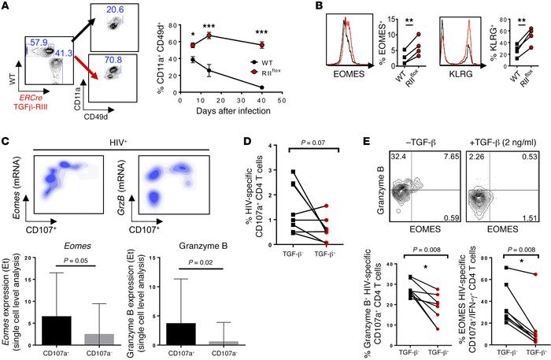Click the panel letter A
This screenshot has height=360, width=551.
click(x=7, y=7)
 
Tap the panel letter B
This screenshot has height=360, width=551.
click(x=337, y=7)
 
